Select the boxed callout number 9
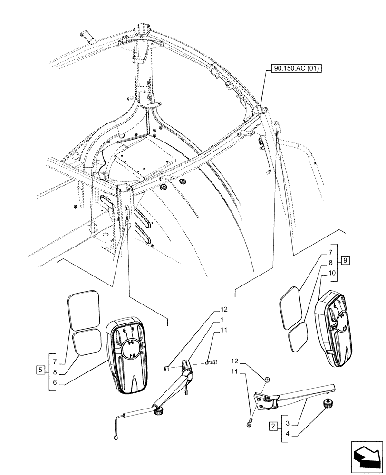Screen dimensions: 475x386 tap(346, 260)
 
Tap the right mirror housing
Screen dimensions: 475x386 tap(336, 328)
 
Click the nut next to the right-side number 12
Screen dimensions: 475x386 tap(267, 379)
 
